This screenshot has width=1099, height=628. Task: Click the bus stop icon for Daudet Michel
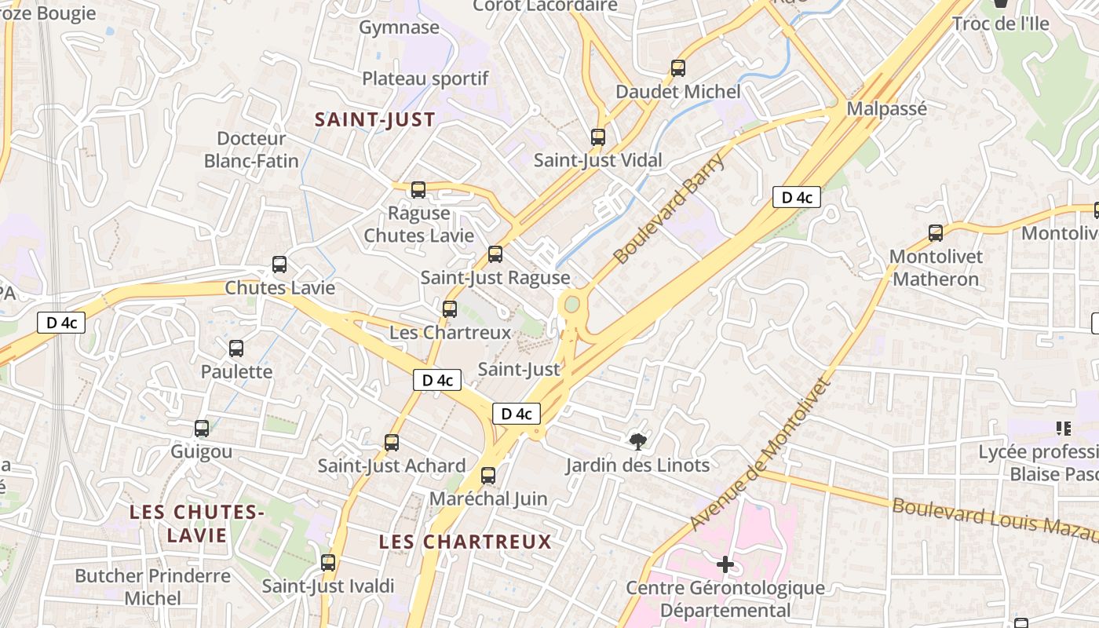pyautogui.click(x=678, y=68)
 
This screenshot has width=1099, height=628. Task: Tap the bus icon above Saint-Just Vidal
pyautogui.click(x=598, y=137)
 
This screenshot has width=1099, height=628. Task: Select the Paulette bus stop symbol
pyautogui.click(x=236, y=349)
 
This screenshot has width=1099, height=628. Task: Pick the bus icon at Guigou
pyautogui.click(x=202, y=429)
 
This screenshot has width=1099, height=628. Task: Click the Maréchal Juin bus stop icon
pyautogui.click(x=488, y=475)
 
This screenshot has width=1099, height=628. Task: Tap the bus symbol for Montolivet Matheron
pyautogui.click(x=935, y=233)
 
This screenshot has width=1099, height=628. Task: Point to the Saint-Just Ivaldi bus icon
pyautogui.click(x=328, y=563)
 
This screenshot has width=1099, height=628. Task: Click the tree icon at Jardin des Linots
pyautogui.click(x=638, y=442)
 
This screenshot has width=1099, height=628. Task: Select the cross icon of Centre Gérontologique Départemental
pyautogui.click(x=725, y=564)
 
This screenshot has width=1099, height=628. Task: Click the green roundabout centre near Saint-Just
pyautogui.click(x=571, y=303)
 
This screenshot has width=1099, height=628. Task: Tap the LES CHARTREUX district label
pyautogui.click(x=466, y=542)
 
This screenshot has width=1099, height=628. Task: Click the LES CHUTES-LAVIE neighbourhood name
pyautogui.click(x=196, y=524)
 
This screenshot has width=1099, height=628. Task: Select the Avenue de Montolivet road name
pyautogui.click(x=759, y=455)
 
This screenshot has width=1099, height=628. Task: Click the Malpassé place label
pyautogui.click(x=887, y=109)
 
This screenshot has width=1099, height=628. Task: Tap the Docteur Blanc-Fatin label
pyautogui.click(x=251, y=150)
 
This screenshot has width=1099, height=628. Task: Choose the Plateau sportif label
pyautogui.click(x=425, y=78)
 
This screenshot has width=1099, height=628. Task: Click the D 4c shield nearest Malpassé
pyautogui.click(x=796, y=198)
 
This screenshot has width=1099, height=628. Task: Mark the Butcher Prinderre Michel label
pyautogui.click(x=153, y=586)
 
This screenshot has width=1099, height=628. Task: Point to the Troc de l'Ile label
pyautogui.click(x=1000, y=24)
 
